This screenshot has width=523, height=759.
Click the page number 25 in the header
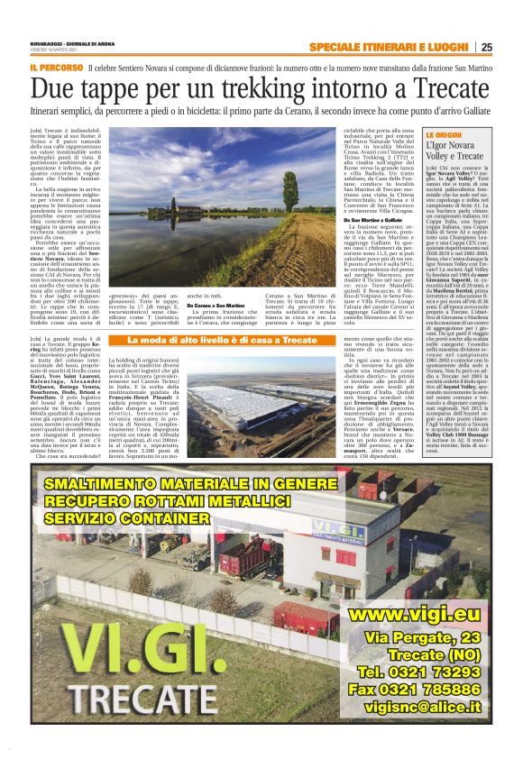(x=486, y=48)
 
